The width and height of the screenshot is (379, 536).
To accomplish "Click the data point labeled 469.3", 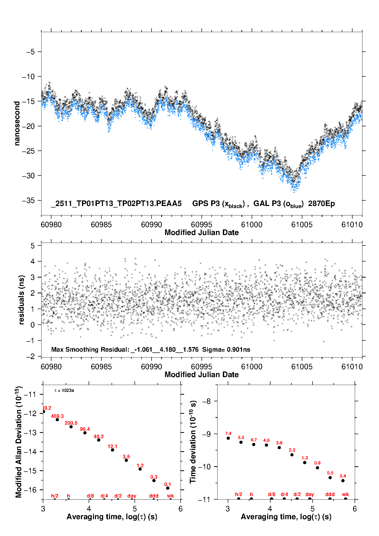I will tap(57, 420).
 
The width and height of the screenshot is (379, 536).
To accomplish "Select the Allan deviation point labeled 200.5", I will tap(71, 427).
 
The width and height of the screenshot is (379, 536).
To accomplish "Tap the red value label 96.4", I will tap(85, 429).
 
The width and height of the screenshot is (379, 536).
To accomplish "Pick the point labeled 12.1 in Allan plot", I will tap(113, 450).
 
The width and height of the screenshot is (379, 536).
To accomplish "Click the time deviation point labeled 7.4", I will tap(228, 438).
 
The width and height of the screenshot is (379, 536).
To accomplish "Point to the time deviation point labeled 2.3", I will tap(292, 455).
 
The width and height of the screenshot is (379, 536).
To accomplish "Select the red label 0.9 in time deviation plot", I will tap(317, 463).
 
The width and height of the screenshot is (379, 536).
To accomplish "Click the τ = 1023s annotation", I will tap(64, 390).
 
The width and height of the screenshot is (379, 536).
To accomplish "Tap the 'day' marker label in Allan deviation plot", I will tap(132, 496).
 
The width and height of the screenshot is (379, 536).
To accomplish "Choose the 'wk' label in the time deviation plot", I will tap(345, 494).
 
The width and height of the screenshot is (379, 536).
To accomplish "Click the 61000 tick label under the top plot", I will tap(252, 225).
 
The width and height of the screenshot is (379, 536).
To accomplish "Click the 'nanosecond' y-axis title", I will tap(17, 123).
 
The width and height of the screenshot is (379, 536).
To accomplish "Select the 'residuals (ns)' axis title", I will tap(21, 300).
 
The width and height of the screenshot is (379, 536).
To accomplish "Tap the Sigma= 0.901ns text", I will tap(226, 349).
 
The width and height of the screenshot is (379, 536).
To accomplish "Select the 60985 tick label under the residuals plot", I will tap(101, 367).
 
